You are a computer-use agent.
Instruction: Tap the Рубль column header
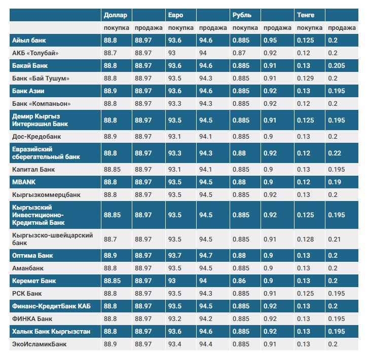(x=242, y=15)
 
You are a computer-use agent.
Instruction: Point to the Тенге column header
(x=305, y=15)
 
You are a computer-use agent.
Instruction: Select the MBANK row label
(x=23, y=182)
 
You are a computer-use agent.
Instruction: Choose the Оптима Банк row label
(x=32, y=255)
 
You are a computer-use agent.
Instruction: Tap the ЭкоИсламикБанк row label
(x=39, y=344)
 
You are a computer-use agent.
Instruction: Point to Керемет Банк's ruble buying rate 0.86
(x=240, y=281)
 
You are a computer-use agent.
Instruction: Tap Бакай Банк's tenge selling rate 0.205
(x=336, y=65)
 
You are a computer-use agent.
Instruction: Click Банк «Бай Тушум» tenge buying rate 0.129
(x=306, y=78)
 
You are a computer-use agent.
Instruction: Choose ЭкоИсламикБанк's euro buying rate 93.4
(x=175, y=344)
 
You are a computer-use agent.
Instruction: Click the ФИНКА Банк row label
(x=31, y=319)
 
